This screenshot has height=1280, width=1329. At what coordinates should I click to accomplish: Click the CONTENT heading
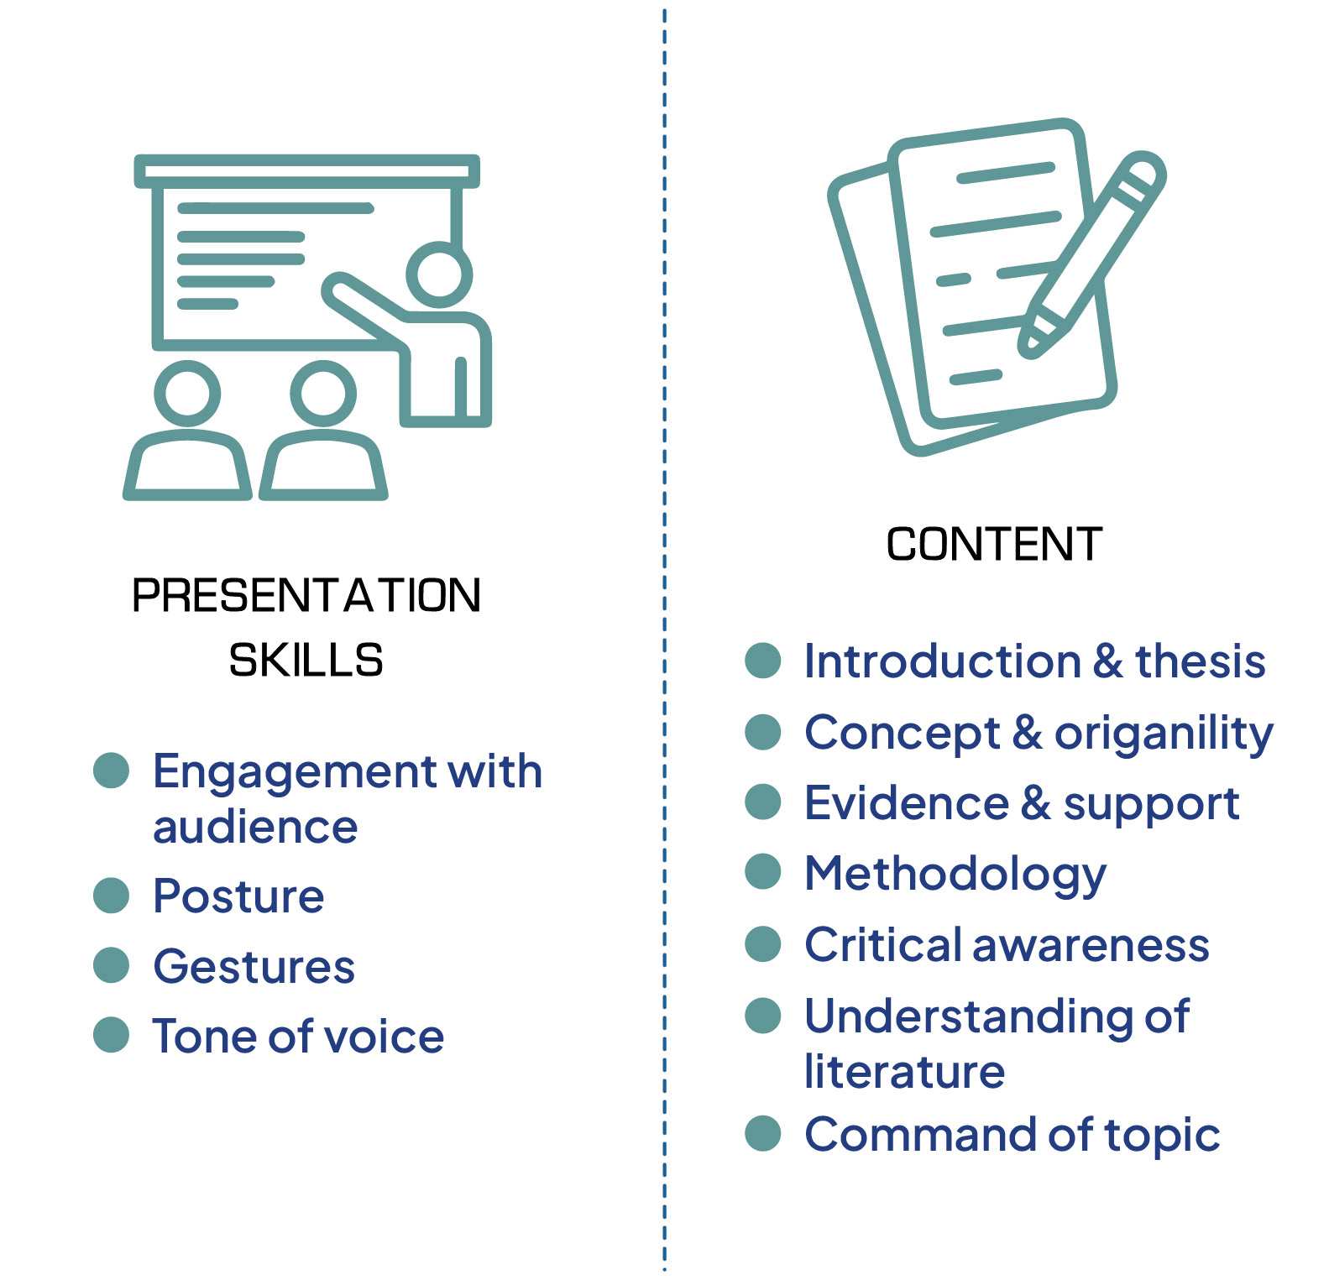tap(994, 544)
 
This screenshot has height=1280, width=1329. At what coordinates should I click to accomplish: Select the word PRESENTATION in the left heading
tap(306, 596)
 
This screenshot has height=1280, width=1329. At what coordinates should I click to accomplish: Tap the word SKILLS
tap(306, 660)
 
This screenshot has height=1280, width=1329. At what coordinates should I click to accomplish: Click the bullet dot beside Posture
tap(111, 895)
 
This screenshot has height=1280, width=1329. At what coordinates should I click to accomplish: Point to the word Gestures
tap(254, 966)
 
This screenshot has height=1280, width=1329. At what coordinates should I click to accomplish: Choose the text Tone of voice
tap(298, 1036)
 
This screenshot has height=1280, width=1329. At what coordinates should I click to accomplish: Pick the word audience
tap(255, 827)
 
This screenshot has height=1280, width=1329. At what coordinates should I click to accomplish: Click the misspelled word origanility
tap(1164, 734)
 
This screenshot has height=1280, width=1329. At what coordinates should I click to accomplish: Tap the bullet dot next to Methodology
tap(763, 871)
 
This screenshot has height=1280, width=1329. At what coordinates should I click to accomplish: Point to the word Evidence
tap(907, 803)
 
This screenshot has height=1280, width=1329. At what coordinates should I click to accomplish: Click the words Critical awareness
tap(1007, 945)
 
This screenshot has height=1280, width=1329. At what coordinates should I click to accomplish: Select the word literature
tap(904, 1071)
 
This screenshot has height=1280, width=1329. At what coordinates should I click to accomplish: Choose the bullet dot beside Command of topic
tap(763, 1133)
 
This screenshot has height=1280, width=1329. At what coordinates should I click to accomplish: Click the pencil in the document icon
tap(1092, 254)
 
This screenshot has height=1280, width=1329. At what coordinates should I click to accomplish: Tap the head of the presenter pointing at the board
tap(439, 274)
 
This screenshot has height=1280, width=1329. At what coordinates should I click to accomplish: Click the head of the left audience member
tap(187, 393)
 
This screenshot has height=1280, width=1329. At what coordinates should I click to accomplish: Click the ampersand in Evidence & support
tap(1036, 803)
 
